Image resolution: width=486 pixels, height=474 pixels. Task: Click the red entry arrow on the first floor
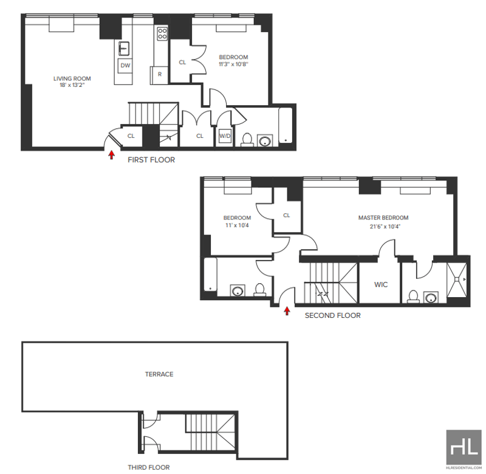click(x=111, y=155)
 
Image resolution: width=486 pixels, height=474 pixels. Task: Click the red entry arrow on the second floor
click(x=287, y=311)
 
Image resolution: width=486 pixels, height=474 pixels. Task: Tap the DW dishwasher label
click(x=125, y=66)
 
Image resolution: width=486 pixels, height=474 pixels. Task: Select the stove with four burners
click(x=162, y=34)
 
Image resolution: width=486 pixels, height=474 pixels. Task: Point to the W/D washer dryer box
click(x=225, y=136)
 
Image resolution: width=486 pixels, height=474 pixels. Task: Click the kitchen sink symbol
click(x=124, y=49)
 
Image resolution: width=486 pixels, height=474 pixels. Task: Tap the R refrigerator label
click(x=160, y=74)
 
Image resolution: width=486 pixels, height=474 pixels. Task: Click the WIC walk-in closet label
click(x=381, y=284)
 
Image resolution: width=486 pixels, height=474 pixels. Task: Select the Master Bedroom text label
click(x=383, y=218)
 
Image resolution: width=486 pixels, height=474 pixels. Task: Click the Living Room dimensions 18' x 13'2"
click(x=72, y=85)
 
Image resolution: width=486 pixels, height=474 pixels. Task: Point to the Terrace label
click(x=159, y=374)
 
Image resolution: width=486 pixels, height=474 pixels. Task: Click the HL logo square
click(x=464, y=447)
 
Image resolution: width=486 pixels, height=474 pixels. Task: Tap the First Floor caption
click(x=151, y=160)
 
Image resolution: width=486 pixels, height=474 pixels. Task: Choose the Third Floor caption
click(x=149, y=467)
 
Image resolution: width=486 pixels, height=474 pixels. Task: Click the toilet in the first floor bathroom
click(x=247, y=140)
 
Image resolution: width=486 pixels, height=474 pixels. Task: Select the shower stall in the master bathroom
click(x=457, y=279)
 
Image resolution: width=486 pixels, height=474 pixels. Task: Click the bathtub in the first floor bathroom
click(x=285, y=125)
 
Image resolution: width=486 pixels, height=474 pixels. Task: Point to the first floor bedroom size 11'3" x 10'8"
click(x=233, y=64)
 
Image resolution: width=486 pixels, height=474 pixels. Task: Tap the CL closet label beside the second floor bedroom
click(x=286, y=215)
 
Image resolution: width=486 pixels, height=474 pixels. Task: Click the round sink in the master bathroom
click(x=431, y=298)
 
